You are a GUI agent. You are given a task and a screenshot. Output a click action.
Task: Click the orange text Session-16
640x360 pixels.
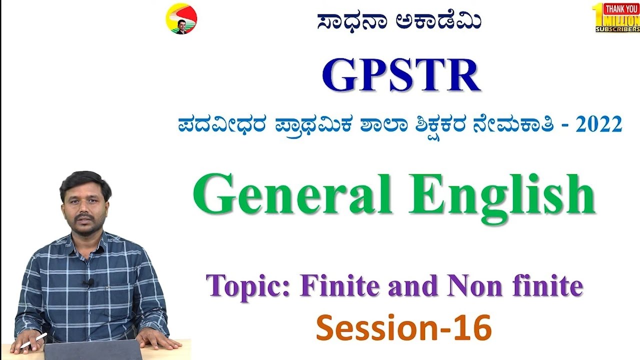404,328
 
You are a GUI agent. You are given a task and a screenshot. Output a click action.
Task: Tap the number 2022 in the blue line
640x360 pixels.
598,125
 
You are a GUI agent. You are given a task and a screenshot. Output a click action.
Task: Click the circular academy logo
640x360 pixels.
181,19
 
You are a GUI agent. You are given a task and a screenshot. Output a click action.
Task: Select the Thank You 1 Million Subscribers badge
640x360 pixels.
616,17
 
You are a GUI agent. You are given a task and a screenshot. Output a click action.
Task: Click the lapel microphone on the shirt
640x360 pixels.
90,283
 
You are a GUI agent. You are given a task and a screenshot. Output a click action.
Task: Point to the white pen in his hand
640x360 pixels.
34,340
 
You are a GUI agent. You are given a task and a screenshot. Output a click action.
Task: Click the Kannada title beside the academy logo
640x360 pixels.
399,21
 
